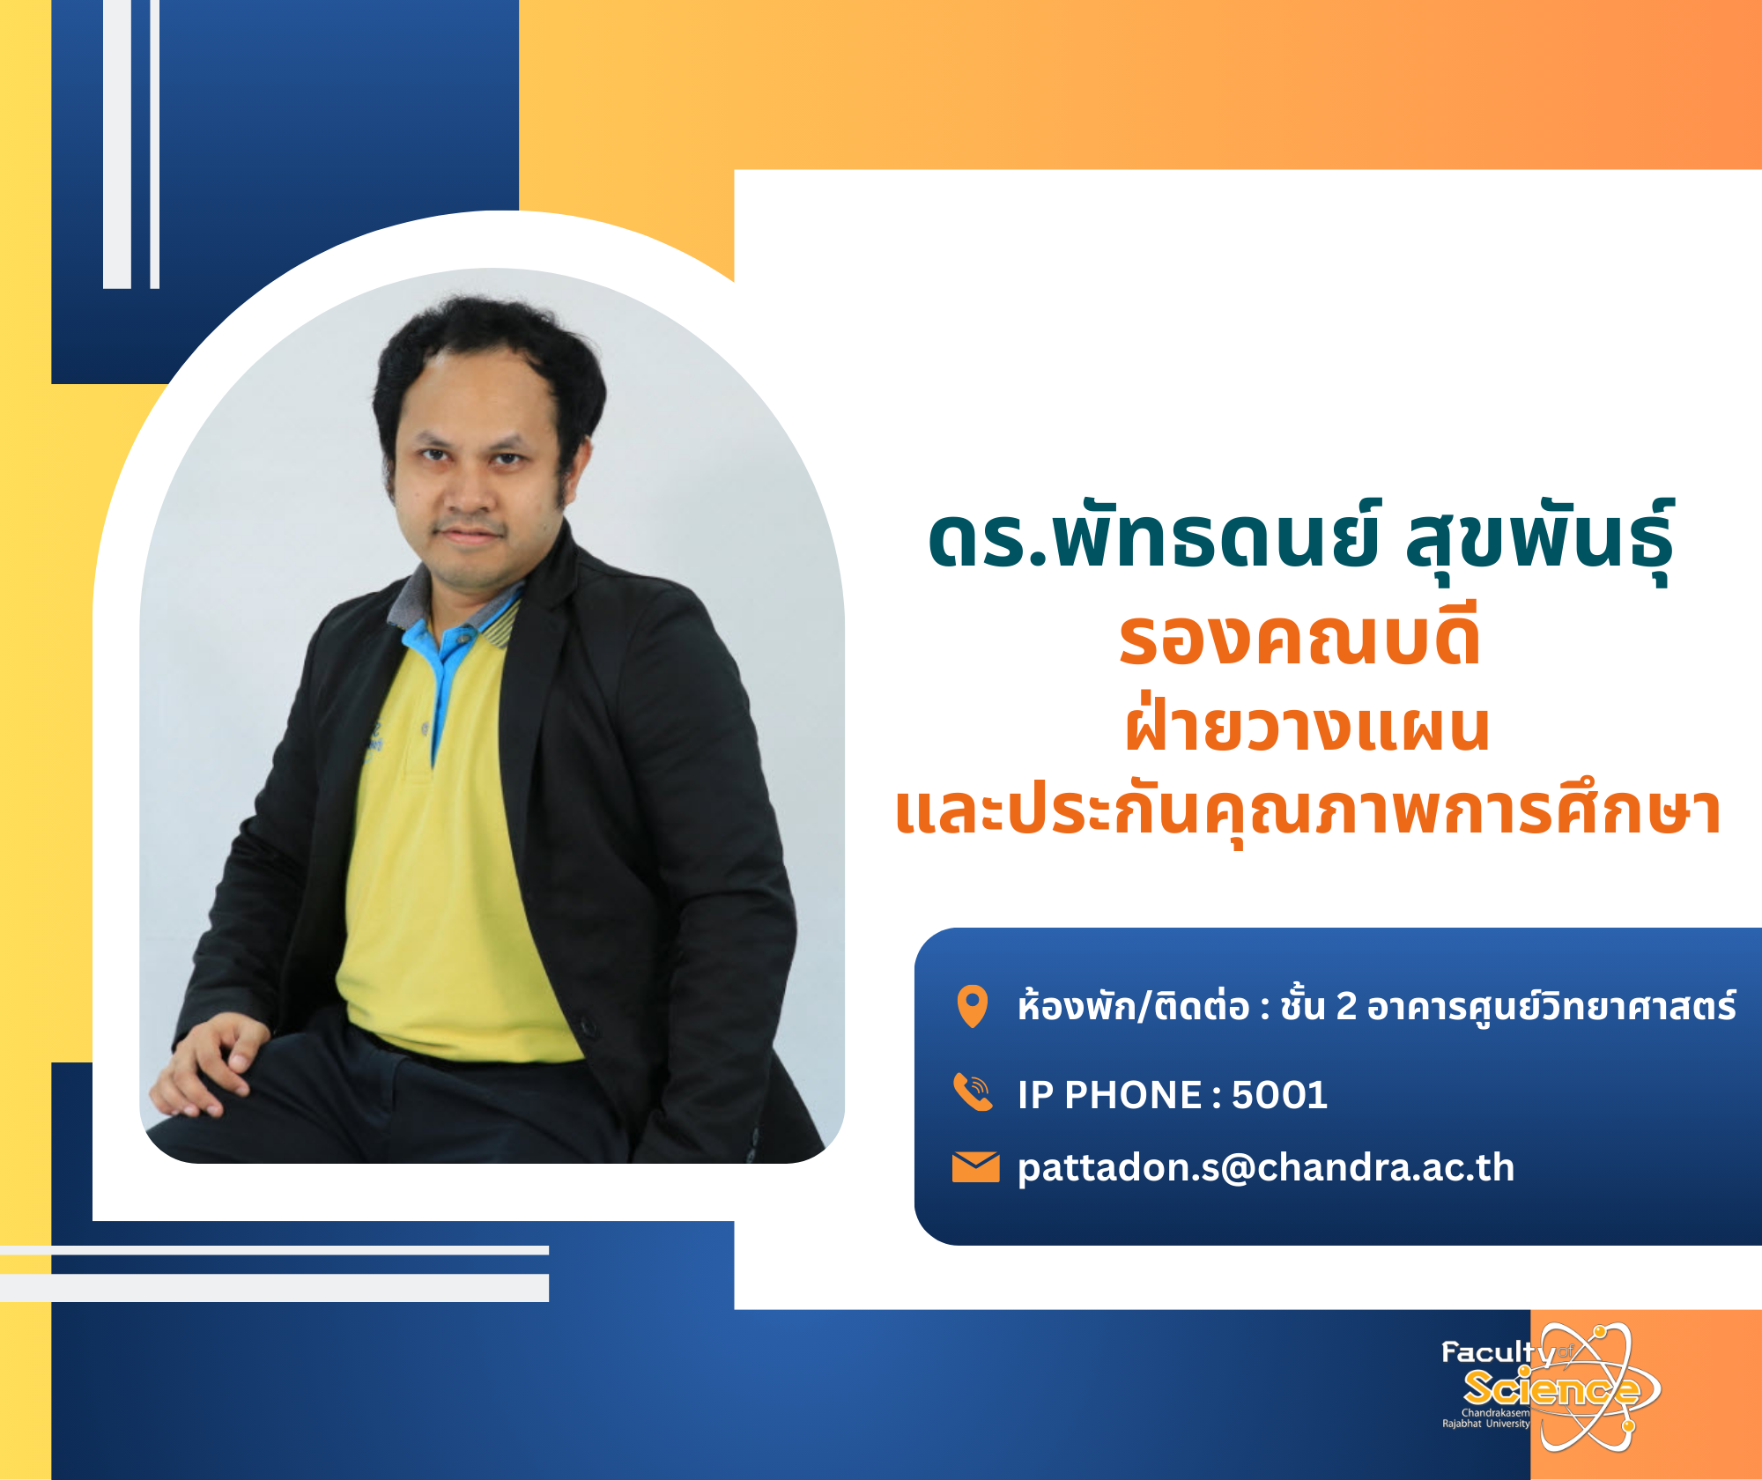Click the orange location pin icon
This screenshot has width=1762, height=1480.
[x=973, y=1006]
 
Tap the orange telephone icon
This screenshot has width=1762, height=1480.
[x=974, y=1092]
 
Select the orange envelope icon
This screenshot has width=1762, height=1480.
[x=975, y=1167]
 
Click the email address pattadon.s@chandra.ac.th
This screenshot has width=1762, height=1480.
[x=1266, y=1168]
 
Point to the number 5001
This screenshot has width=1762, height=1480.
[x=1279, y=1095]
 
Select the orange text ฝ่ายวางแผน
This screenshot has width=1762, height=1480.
[x=1307, y=726]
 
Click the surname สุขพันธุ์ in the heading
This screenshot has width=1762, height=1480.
[x=1539, y=537]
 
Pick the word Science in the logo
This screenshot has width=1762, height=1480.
[x=1551, y=1389]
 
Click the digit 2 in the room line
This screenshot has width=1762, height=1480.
[x=1346, y=1006]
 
